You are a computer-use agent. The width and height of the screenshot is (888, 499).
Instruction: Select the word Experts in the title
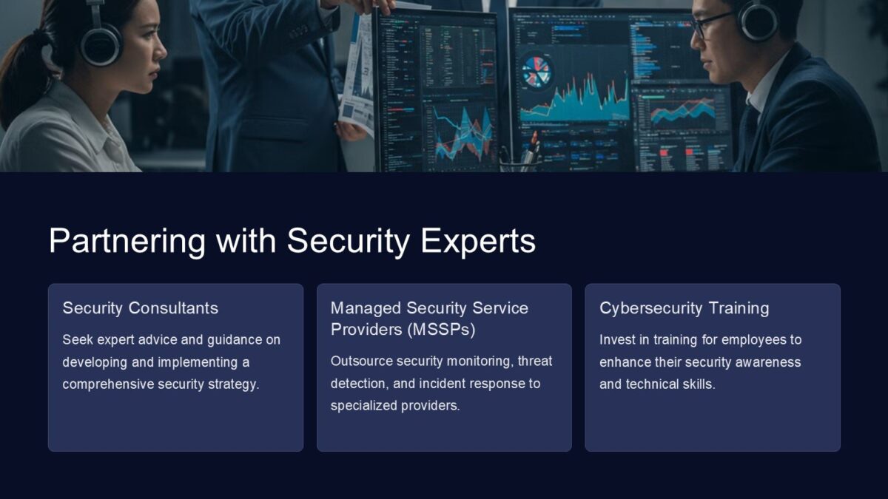[x=484, y=242]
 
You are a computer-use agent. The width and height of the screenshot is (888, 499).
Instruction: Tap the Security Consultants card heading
[x=140, y=308]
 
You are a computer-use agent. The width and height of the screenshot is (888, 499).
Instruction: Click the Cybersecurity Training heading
[x=684, y=308]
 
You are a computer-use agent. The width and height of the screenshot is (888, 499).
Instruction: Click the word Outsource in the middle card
[x=361, y=361]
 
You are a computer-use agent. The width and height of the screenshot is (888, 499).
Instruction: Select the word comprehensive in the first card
[x=108, y=384]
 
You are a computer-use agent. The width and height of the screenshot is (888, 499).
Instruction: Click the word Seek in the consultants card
[x=75, y=340]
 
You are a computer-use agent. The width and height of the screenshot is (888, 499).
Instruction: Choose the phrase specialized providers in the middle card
[x=395, y=406]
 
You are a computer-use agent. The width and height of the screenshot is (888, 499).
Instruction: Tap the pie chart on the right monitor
[x=536, y=72]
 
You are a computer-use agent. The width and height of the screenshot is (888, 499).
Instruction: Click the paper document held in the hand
[x=357, y=74]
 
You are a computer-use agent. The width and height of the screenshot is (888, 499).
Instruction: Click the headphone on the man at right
[x=758, y=20]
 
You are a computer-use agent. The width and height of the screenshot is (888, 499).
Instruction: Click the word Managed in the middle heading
[x=366, y=308]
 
